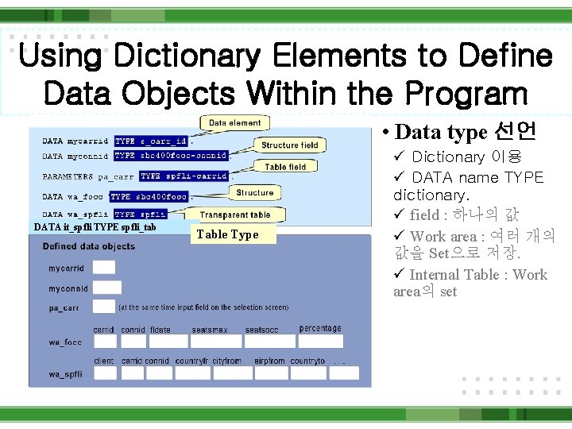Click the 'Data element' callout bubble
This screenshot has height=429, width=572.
coord(234,123)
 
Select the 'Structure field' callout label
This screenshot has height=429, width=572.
coord(289,145)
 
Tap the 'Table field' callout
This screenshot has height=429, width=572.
coord(285,167)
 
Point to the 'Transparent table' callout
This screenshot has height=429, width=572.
coord(235,214)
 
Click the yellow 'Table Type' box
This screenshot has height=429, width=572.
coord(227,234)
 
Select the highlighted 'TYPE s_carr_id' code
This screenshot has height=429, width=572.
coord(151,141)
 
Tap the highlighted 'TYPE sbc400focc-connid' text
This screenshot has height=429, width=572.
coord(171,156)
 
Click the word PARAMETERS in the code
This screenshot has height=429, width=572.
coord(68,176)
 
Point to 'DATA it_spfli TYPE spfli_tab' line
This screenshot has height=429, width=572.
coord(95,227)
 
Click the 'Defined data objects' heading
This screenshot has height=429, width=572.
coord(89,246)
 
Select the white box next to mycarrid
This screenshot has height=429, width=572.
coord(104,269)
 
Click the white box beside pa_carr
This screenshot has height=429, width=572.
coord(104,306)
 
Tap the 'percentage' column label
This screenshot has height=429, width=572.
coord(320,328)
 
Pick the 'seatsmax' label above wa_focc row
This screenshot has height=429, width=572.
coord(210,330)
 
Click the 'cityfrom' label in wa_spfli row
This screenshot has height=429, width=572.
coord(226,361)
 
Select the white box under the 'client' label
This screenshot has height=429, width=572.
coord(104,373)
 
